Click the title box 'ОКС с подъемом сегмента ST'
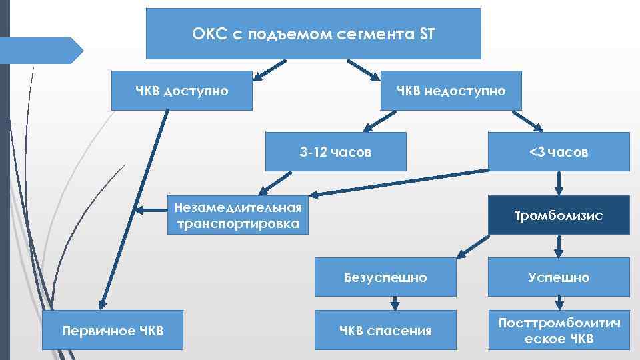click(313, 33)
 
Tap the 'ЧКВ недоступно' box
click(451, 90)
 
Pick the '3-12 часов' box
click(335, 152)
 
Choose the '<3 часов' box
click(559, 152)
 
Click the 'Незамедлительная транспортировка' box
click(238, 215)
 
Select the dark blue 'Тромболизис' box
click(559, 215)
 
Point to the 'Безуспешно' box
click(385, 277)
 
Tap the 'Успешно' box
click(559, 277)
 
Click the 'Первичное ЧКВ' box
click(113, 330)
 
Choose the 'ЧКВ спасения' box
click(385, 330)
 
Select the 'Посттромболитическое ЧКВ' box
click(559, 330)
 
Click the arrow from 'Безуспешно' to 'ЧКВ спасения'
click(395, 303)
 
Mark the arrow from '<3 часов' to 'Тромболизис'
click(559, 183)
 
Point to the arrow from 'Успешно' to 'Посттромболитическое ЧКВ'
click(559, 303)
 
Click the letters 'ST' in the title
click(427, 34)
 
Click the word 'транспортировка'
click(238, 223)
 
